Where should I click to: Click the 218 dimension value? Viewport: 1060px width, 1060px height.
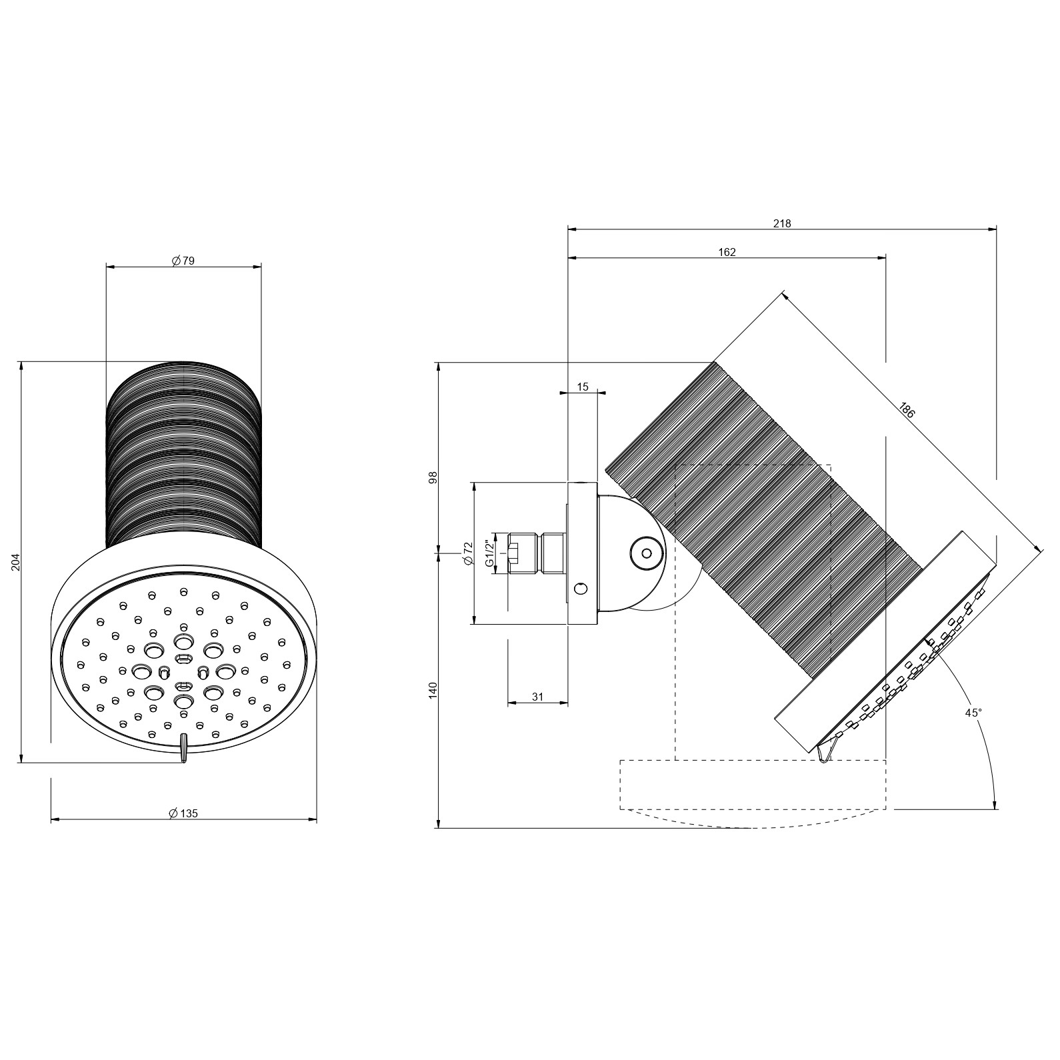782,224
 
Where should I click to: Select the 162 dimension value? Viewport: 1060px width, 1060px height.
727,252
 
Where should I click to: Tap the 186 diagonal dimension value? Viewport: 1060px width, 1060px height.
907,409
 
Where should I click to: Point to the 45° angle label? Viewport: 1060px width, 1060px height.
973,713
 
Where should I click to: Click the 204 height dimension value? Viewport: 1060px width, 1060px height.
17,562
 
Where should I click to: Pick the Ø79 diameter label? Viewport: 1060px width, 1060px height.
183,261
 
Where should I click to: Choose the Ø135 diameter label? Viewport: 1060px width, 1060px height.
183,813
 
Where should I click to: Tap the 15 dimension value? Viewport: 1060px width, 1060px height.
583,387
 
